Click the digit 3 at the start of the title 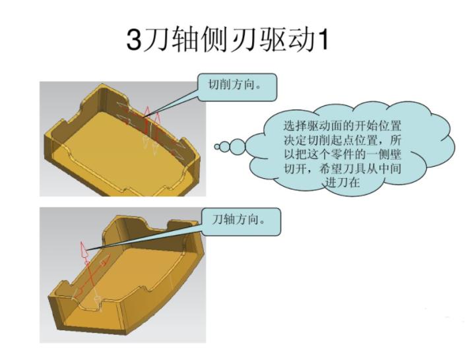(133, 40)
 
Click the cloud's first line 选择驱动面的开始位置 (342, 125)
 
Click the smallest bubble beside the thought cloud (217, 147)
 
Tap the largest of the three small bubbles (240, 146)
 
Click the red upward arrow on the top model (148, 113)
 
